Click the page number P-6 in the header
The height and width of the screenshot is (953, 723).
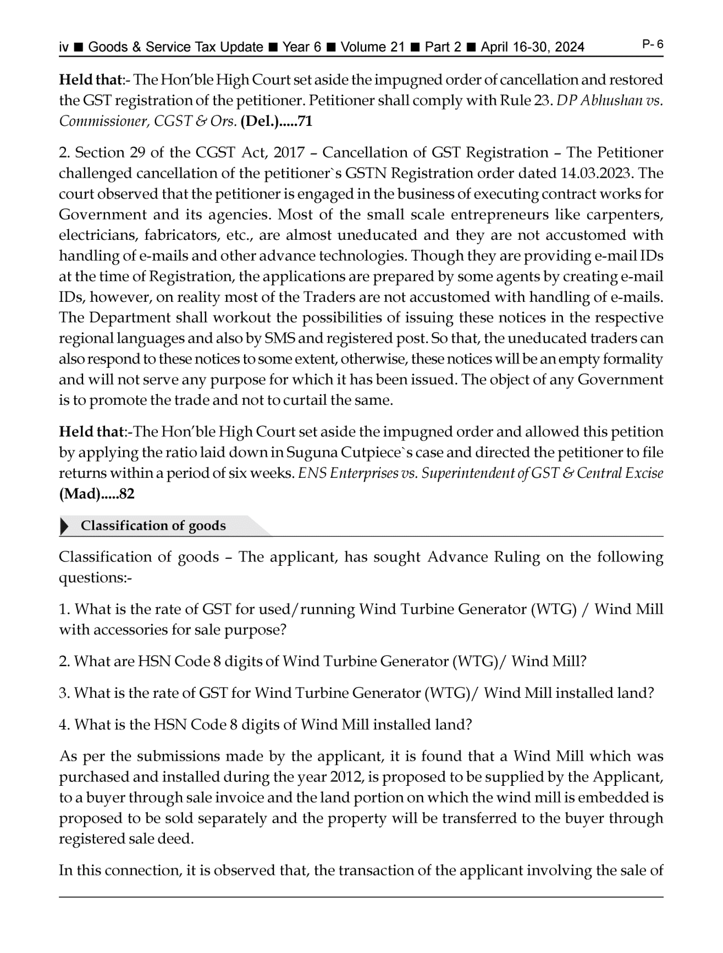[x=653, y=45]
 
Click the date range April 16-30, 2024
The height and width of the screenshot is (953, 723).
[x=532, y=47]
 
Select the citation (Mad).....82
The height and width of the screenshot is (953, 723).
[x=97, y=494]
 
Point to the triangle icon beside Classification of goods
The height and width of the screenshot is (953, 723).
[x=65, y=526]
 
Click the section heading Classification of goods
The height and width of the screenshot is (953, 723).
[x=153, y=526]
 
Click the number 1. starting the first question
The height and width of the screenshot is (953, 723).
[x=65, y=609]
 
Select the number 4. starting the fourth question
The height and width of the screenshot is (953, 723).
[x=65, y=725]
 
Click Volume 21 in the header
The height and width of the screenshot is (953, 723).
[x=372, y=47]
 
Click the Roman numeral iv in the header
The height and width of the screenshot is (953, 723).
[x=64, y=47]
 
